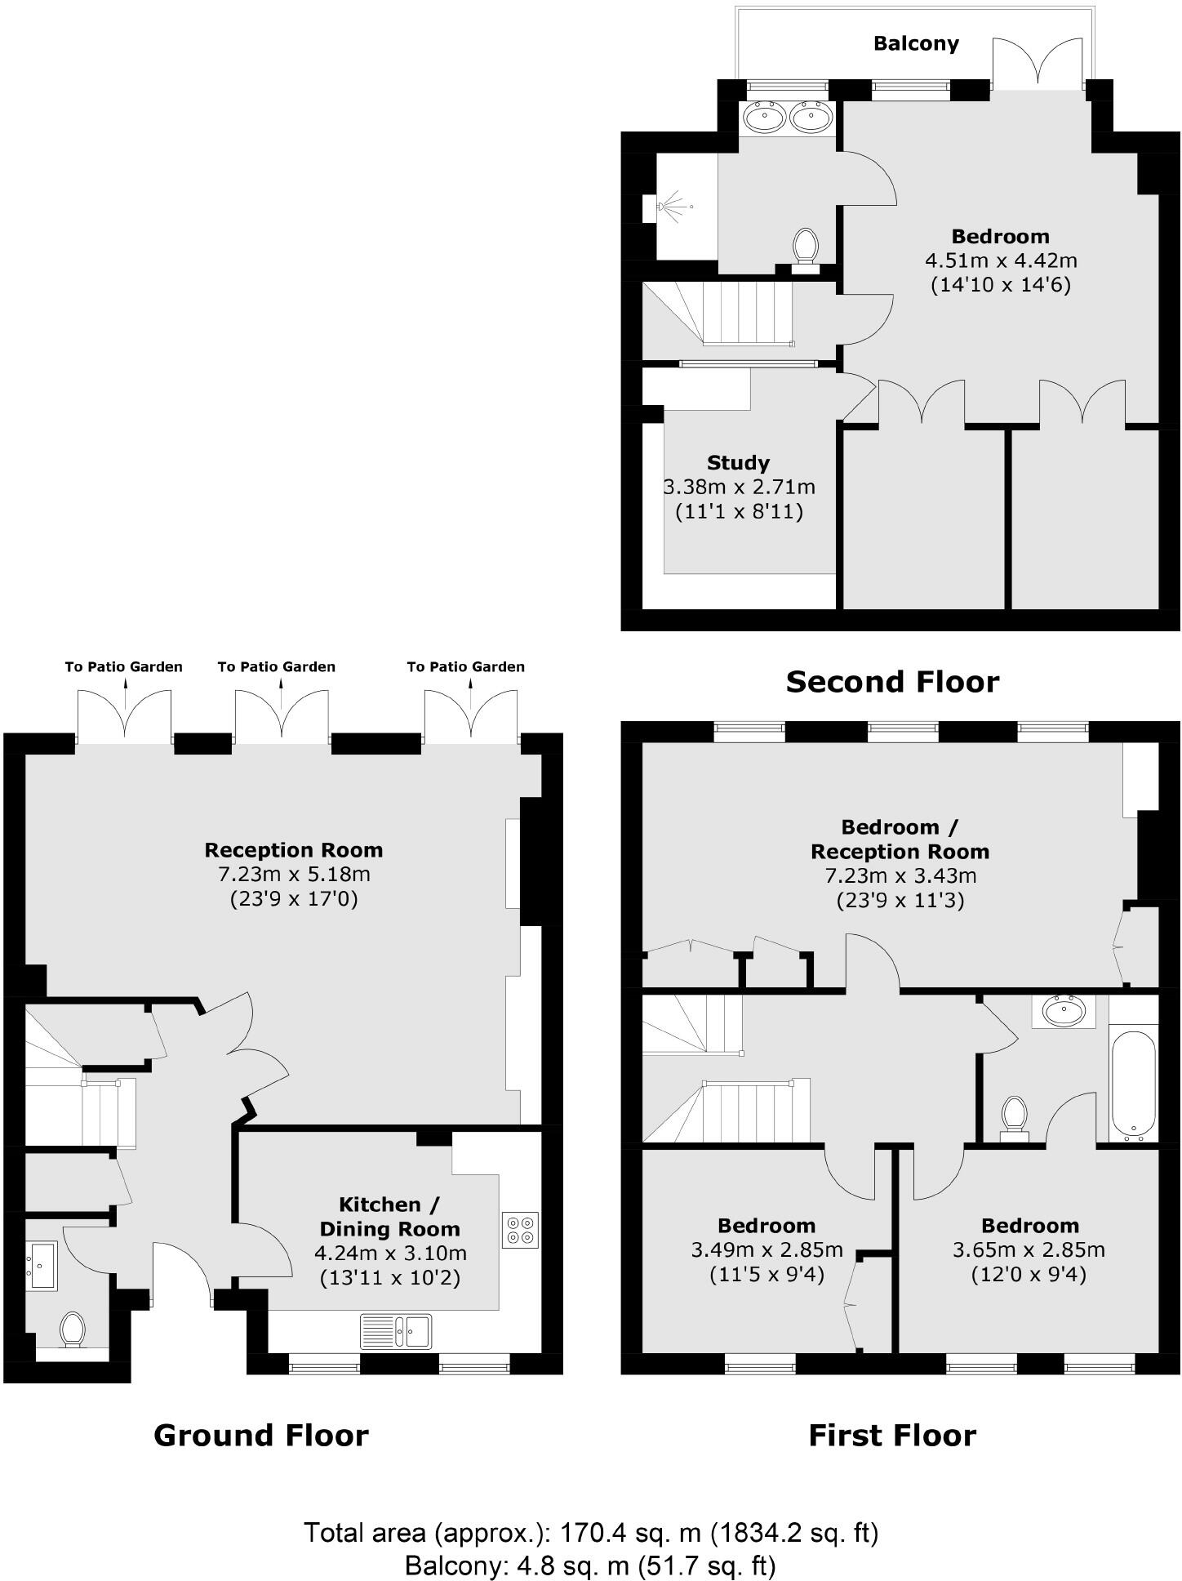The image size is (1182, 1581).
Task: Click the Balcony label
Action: coord(916,43)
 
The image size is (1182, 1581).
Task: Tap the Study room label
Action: coord(738,463)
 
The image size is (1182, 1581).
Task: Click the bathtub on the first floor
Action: coord(1133,1084)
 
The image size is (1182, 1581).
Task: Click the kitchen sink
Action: coord(396,1331)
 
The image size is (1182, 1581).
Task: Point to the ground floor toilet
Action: coord(73,1329)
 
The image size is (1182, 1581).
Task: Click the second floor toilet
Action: coord(806,245)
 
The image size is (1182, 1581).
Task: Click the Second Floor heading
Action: coord(892,681)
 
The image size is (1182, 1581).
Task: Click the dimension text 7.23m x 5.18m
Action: coord(294,875)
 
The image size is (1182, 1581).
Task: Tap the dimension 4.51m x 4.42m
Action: coord(1001,261)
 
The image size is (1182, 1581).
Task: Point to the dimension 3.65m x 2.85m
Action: coord(1029,1250)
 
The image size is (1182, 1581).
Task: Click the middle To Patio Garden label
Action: coord(276,666)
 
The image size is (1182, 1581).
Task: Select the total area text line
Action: coord(591,1533)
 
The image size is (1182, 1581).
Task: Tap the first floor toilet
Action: coord(1015,1116)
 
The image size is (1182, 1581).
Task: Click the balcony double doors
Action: coord(1038,64)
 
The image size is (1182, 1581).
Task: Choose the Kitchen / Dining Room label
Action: coord(389,1217)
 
